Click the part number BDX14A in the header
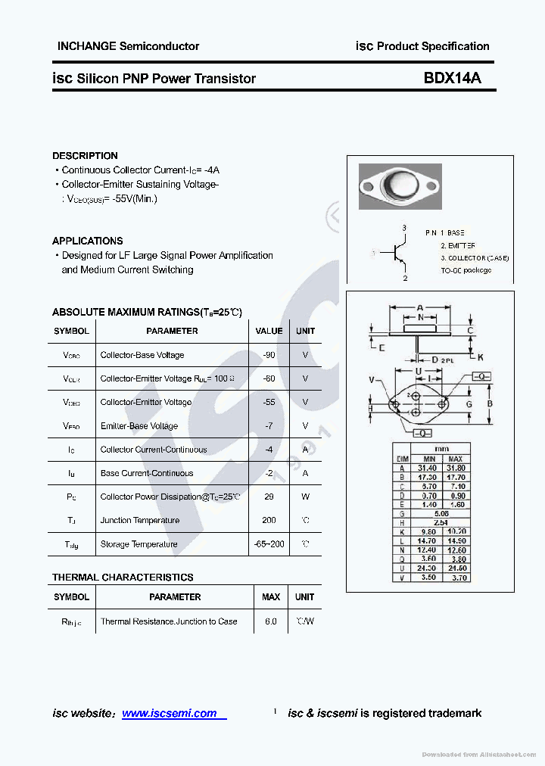coord(452,78)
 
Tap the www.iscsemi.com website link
coord(169,713)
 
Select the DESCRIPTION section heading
coord(85,155)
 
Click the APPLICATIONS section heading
coord(87,241)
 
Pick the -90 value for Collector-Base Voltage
coord(269,355)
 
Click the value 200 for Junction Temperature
coord(269,520)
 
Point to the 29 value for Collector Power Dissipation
coord(269,497)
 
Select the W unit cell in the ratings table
coord(305,497)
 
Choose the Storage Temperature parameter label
coord(139,544)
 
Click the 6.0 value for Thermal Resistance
coord(270,621)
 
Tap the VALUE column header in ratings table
coord(269,331)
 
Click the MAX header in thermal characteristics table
coord(270,597)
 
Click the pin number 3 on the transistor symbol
coord(404,228)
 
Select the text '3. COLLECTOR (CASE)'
coord(475,258)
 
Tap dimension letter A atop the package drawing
coord(419,308)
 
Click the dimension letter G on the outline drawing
coord(469,404)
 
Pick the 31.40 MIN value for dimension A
coord(429,468)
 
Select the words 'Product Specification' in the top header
coord(433,46)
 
